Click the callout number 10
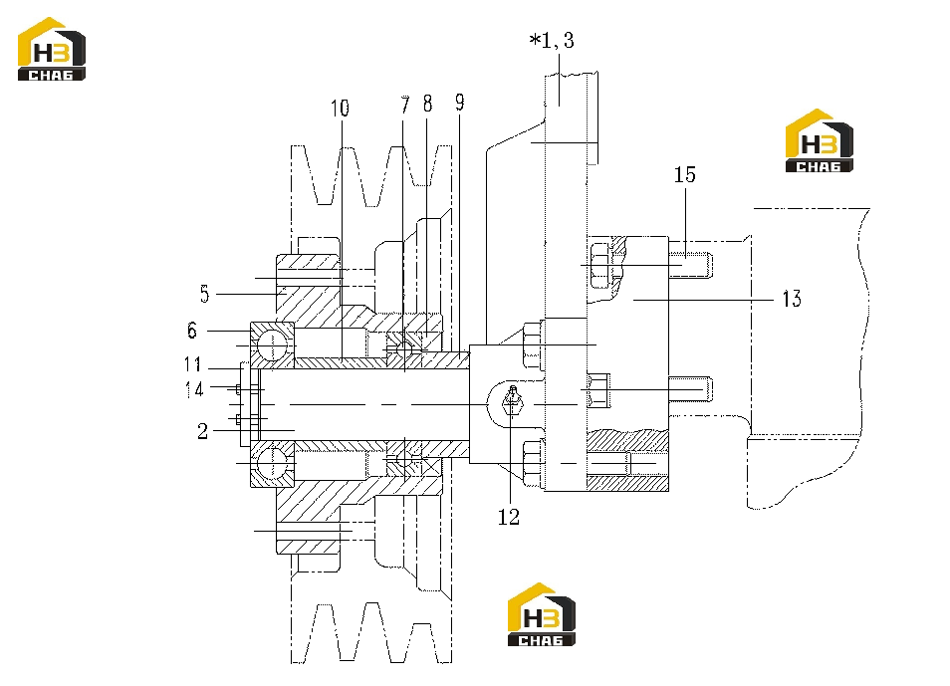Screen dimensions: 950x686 click(x=340, y=109)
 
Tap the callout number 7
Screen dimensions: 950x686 click(x=404, y=105)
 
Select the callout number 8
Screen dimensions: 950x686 click(x=428, y=104)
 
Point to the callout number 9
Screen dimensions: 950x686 click(x=460, y=103)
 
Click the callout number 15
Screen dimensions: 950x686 click(x=685, y=174)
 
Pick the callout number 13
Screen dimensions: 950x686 click(x=792, y=298)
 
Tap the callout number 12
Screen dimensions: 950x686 click(x=509, y=517)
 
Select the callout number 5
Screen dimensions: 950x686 click(x=205, y=294)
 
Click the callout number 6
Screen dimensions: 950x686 click(x=192, y=331)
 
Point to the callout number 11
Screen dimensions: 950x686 click(x=192, y=364)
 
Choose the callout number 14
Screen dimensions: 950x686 click(x=194, y=388)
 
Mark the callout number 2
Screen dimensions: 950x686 click(x=202, y=431)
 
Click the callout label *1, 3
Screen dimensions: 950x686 click(x=552, y=40)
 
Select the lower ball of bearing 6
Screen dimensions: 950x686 click(x=272, y=462)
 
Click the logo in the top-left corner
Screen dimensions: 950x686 click(x=52, y=49)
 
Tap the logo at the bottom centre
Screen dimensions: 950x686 click(x=541, y=614)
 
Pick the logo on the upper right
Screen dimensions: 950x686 click(x=820, y=140)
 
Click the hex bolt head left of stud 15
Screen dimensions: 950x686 click(x=599, y=265)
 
